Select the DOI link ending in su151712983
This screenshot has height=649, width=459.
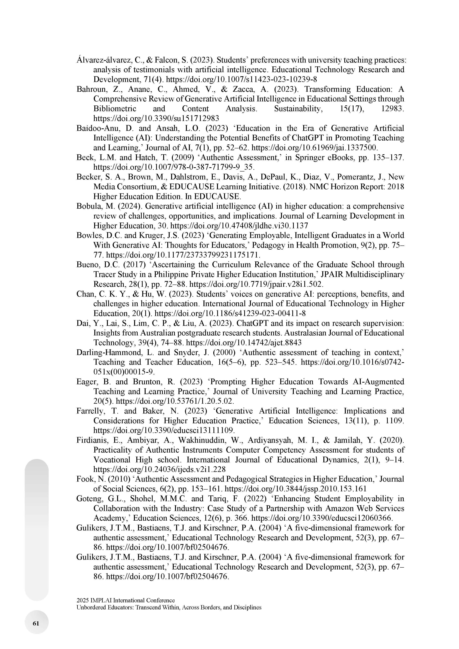click(156, 118)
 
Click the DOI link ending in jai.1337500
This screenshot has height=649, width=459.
click(314, 148)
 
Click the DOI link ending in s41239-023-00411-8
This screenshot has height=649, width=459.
click(230, 313)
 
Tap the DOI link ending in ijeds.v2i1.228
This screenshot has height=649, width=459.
click(159, 470)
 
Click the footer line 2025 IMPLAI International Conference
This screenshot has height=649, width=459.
click(125, 600)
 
